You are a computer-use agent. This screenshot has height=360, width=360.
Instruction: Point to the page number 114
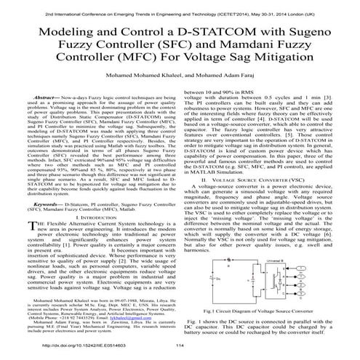tap(180, 347)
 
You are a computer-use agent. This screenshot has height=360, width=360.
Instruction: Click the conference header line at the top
tap(180, 5)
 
